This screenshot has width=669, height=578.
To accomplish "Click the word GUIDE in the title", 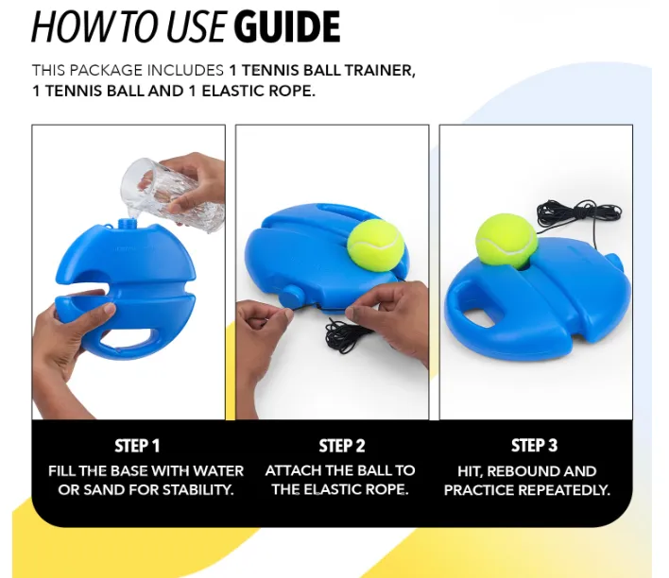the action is pos(286,26).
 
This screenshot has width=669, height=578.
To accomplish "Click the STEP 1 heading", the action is pos(137,446).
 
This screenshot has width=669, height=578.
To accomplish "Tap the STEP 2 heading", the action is pos(342,446).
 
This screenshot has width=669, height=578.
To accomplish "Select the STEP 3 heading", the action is pos(534,446).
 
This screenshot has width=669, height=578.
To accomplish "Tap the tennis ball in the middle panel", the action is pos(375,245).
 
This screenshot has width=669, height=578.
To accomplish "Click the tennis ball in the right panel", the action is pos(506,241).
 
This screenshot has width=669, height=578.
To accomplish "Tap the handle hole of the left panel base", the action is pos(127,338).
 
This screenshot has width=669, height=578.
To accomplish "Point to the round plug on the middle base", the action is pos(291,296).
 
